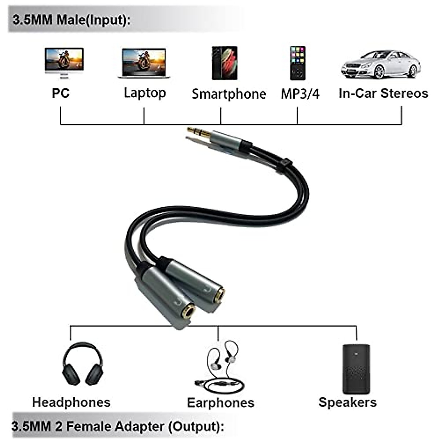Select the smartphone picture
click(x=224, y=63)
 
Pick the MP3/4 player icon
click(x=297, y=63)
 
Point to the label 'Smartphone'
click(x=229, y=94)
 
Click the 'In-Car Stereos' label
click(x=383, y=93)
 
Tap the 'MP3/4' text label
click(x=300, y=94)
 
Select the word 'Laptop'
click(x=145, y=93)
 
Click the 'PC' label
click(x=60, y=93)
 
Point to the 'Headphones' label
click(x=71, y=402)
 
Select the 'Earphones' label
click(x=220, y=403)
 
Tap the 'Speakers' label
click(x=347, y=402)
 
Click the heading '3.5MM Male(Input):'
click(x=71, y=19)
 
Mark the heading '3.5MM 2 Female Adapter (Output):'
click(x=117, y=426)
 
